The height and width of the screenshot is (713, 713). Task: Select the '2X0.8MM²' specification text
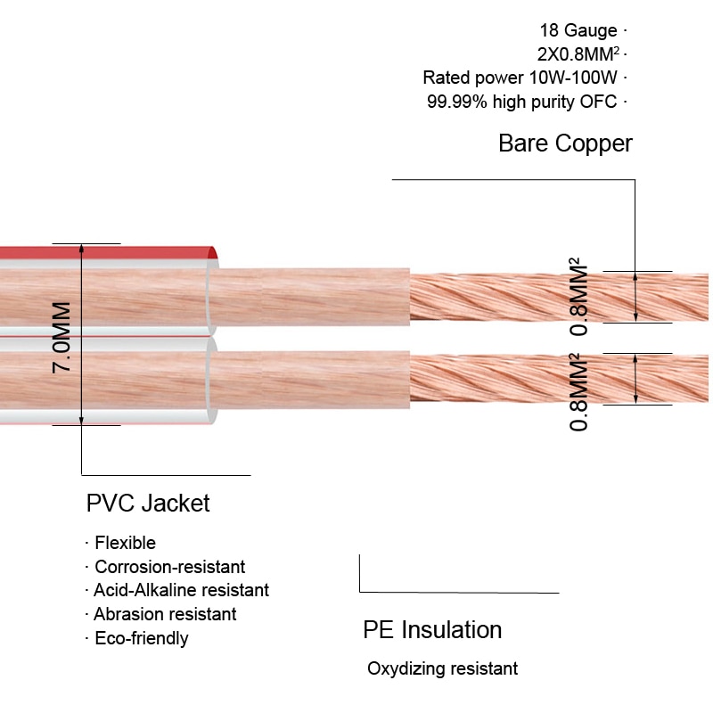click(x=577, y=54)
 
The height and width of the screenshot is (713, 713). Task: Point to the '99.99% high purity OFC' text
click(x=521, y=102)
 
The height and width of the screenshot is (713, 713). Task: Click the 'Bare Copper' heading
click(x=565, y=143)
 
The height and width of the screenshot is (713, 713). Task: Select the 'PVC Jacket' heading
click(x=148, y=503)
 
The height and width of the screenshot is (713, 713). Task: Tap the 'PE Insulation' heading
click(x=432, y=630)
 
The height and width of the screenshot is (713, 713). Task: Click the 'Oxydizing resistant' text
click(x=442, y=668)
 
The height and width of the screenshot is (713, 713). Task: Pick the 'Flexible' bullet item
click(x=125, y=543)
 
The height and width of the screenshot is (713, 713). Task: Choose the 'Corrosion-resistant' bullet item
click(x=169, y=567)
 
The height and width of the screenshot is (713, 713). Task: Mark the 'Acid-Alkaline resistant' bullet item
click(x=181, y=590)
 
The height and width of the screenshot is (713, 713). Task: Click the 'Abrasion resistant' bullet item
click(x=165, y=614)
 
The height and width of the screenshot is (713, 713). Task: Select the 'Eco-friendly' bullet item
click(x=141, y=638)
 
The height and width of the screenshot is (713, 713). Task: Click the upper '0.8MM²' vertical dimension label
click(x=578, y=298)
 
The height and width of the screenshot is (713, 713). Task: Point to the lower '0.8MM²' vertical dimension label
click(x=578, y=392)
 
